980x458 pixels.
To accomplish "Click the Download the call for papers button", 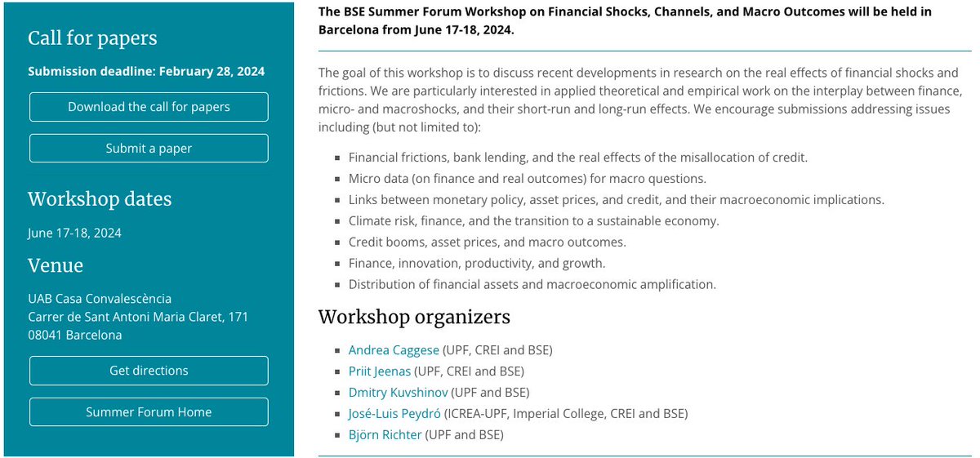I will tap(149, 107).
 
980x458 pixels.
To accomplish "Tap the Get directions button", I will tap(149, 371).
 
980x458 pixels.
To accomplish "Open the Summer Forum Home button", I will tap(149, 412).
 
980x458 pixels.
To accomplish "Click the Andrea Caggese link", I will tap(394, 350).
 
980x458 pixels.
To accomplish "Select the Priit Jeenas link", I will tap(380, 371).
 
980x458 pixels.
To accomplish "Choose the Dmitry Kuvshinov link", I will tap(398, 393).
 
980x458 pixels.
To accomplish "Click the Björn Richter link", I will tap(385, 435).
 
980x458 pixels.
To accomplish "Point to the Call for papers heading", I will tap(92, 38).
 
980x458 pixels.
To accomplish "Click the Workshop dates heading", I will tap(100, 199).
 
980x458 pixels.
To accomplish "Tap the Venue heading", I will tap(56, 265).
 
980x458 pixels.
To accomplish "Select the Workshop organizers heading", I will tap(414, 317).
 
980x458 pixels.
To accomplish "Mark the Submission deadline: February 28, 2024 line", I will tap(146, 71).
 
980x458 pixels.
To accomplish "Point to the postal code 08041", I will tap(45, 336).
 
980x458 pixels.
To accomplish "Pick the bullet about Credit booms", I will tap(487, 242).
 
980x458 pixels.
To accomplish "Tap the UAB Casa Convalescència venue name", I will tap(100, 299).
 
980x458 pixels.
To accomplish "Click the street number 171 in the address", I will tap(238, 317).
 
